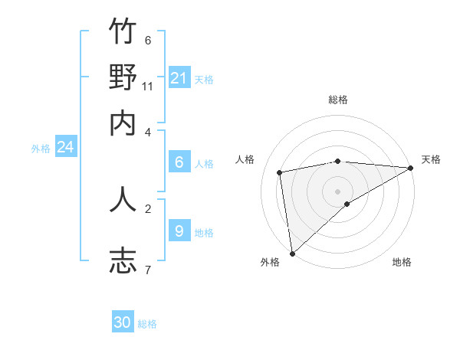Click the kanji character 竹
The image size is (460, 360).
point(123,32)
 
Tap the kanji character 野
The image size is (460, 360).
point(123,77)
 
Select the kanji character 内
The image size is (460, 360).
point(123,123)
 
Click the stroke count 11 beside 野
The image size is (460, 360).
point(148,86)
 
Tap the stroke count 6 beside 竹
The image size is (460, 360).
point(148,41)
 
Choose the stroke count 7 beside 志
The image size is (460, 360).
point(148,269)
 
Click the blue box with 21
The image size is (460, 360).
point(179,78)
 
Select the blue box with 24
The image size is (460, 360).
point(65,147)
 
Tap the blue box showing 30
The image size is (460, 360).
point(123,322)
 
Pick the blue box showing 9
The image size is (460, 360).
point(179,231)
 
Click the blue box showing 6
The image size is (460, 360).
point(179,162)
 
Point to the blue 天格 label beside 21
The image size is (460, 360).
point(204,79)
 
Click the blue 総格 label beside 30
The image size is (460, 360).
point(147,324)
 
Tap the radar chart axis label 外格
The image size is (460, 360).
point(270,262)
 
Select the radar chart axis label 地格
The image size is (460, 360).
point(402,262)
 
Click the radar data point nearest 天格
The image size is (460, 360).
point(411,168)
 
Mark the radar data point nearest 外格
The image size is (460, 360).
point(292,253)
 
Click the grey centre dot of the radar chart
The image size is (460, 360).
point(338,191)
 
